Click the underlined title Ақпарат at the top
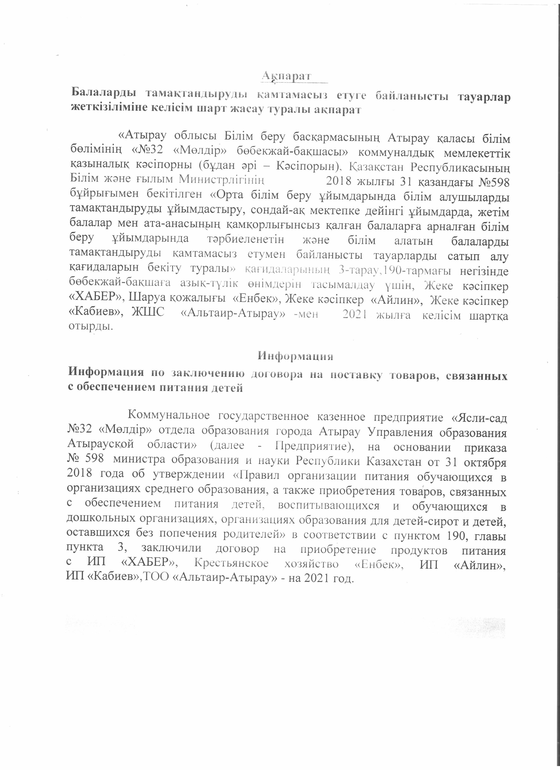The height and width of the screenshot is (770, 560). pos(287,76)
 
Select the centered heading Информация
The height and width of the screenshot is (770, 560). pos(295,356)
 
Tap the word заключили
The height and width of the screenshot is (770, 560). pos(172,549)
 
